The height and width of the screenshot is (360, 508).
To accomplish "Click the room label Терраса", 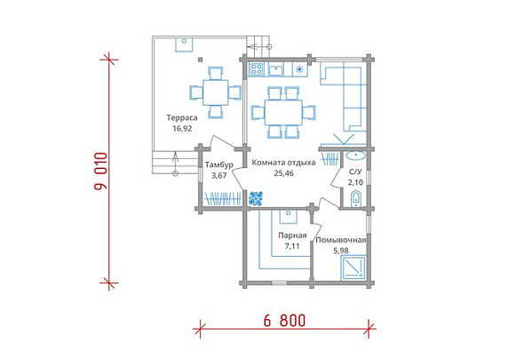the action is tap(182, 117).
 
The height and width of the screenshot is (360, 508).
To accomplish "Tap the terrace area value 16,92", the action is tap(182, 128).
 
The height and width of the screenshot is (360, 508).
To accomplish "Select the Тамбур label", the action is tap(219, 164).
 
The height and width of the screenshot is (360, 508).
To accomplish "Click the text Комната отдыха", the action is tap(283, 163).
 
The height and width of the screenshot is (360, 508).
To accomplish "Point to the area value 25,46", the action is tap(284, 173).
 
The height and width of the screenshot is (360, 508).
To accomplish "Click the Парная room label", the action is tap(292, 236).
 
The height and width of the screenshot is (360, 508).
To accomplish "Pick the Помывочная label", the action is tap(341, 240).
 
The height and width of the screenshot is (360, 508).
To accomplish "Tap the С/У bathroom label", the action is tap(355, 172).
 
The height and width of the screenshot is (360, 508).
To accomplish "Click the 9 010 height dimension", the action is tap(101, 171).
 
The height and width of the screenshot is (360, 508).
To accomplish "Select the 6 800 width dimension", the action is tap(284, 321).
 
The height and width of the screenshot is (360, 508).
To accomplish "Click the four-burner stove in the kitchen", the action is tap(257, 69).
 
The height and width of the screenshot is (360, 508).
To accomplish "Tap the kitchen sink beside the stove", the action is tap(276, 69).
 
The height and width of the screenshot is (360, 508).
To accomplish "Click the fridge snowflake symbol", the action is tap(299, 69).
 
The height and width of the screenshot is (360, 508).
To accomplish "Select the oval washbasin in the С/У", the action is tap(356, 156).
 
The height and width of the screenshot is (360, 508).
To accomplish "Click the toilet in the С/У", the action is tap(356, 198).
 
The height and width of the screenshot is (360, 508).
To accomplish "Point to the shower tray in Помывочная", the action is tap(353, 268).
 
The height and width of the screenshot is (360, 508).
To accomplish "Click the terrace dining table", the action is tap(216, 92).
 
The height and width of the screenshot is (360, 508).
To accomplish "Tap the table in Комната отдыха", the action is tap(283, 112).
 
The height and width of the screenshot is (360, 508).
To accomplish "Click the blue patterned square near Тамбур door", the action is tap(256, 198).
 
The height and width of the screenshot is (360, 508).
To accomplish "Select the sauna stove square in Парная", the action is tap(289, 216).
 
